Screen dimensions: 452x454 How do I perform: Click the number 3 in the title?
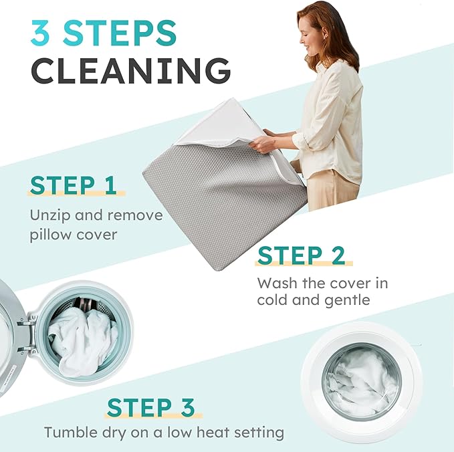point(41,33)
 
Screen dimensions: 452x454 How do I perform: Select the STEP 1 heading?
point(73,185)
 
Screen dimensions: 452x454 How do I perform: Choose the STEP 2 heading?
point(301,255)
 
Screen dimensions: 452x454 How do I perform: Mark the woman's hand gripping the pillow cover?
point(264,144)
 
